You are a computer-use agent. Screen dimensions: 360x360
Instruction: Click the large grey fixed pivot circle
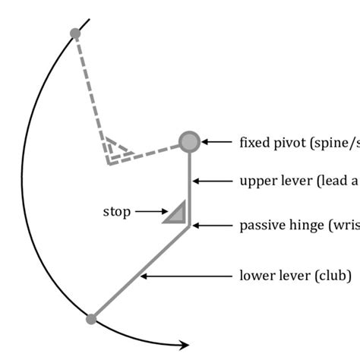click(x=189, y=141)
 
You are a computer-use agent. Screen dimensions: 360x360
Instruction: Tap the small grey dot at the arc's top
click(x=74, y=33)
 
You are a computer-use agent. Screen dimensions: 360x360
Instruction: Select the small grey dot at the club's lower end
click(x=91, y=319)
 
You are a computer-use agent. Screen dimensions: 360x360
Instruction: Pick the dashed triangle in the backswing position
click(x=116, y=150)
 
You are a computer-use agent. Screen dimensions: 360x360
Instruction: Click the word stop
click(x=116, y=212)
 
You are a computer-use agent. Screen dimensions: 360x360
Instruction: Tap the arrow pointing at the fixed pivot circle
click(x=216, y=141)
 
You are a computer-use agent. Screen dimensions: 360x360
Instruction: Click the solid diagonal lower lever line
click(x=141, y=272)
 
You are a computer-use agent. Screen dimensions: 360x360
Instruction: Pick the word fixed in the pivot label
click(x=253, y=141)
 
